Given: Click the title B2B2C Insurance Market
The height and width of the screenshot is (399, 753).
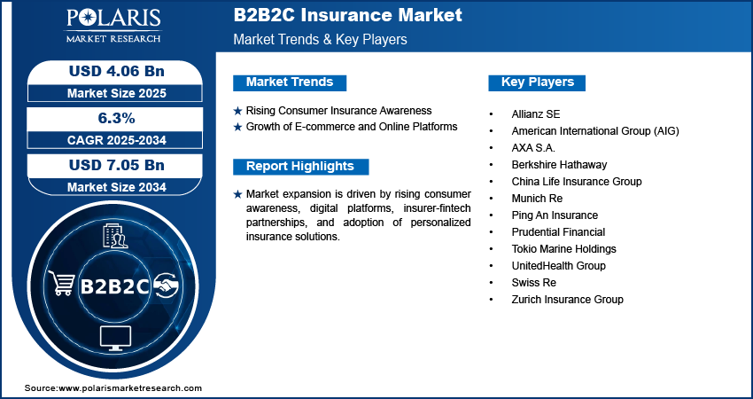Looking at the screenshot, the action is click(x=347, y=14).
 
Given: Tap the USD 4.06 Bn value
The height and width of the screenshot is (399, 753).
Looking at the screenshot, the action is click(x=117, y=71).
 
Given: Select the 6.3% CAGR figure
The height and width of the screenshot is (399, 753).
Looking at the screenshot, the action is click(x=115, y=118).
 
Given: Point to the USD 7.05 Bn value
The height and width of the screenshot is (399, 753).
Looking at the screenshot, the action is click(x=117, y=165).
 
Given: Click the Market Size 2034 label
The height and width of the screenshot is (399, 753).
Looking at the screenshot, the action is click(x=117, y=187).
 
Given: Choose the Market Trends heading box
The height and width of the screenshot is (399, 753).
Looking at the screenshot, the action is click(x=290, y=82).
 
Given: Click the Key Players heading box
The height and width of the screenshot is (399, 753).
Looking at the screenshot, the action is click(x=537, y=82).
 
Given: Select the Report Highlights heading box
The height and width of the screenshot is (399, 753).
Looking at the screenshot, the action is click(x=300, y=167).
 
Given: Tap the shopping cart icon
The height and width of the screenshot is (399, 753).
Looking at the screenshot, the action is click(x=61, y=283).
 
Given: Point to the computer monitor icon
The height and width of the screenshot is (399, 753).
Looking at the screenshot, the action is click(x=115, y=338).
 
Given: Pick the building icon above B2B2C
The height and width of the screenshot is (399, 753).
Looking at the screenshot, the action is click(x=115, y=237).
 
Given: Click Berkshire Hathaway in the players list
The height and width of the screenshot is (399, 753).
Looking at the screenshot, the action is click(x=559, y=165).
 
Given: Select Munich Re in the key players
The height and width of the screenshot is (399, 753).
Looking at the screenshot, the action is click(x=537, y=199).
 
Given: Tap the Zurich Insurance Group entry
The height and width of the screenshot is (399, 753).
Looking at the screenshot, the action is click(x=567, y=300).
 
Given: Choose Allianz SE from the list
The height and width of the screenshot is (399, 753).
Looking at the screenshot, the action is click(x=535, y=114).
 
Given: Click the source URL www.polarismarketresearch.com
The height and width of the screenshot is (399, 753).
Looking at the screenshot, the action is click(x=130, y=388).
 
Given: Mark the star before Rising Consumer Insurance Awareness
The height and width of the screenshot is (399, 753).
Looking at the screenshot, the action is click(x=237, y=111).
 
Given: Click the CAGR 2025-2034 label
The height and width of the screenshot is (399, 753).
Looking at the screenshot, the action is click(x=117, y=140).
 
